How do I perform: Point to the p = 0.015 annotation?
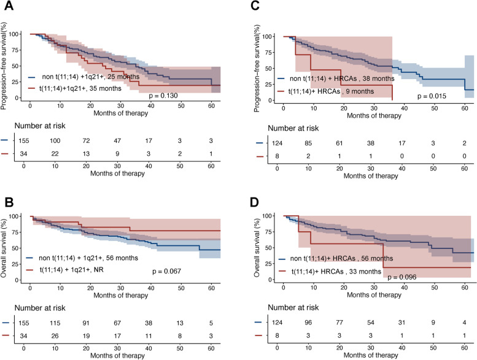tap(432, 96)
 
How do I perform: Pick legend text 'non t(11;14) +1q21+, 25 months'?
tap(94, 78)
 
